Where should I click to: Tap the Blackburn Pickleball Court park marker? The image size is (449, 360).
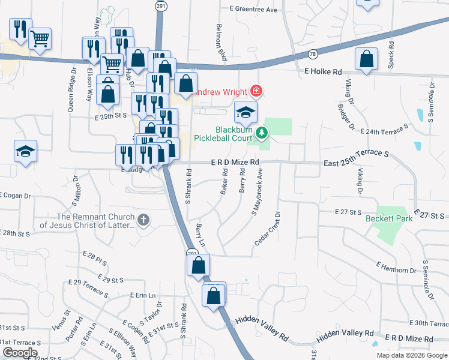coord(261,132)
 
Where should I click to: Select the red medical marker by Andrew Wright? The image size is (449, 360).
coord(257,91)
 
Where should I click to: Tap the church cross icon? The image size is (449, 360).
coord(143,221)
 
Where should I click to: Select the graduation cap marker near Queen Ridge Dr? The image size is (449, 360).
coord(26,151)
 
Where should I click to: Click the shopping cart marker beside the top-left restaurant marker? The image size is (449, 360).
coord(40,39)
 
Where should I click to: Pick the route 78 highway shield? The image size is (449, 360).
coord(313,54)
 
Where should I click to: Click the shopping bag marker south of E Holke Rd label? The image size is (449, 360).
coord(366,59)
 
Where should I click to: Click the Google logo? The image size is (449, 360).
coord(20,352)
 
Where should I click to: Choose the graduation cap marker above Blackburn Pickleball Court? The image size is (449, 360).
coord(246,112)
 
